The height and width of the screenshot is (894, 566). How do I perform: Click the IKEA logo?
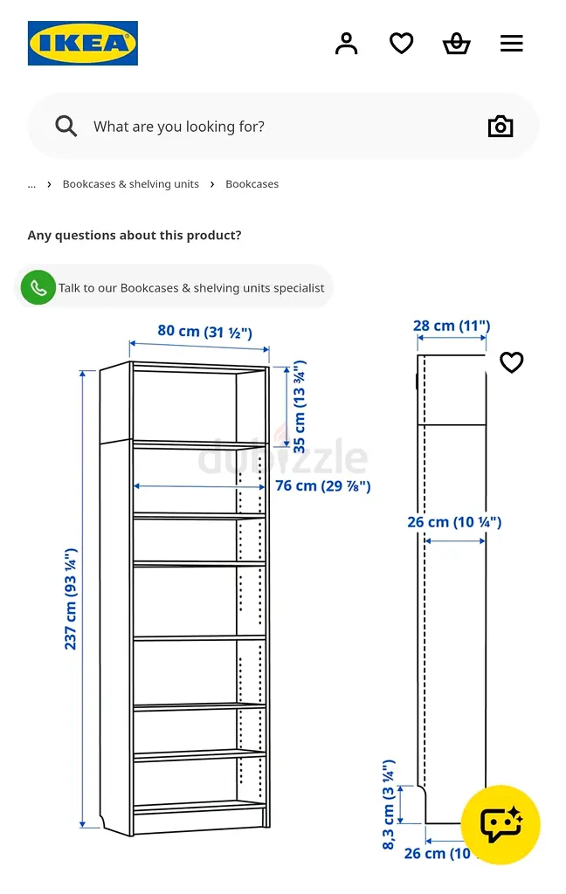83,44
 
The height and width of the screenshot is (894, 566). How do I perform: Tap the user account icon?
347,44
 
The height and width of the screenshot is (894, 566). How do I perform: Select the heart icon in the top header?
401,44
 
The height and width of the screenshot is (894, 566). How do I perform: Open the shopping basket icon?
457,44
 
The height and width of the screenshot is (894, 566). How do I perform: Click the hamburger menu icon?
512,44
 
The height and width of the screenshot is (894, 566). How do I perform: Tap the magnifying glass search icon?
66,126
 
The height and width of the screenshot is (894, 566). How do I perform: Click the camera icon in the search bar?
500,126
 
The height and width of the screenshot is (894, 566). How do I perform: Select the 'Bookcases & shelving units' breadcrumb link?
131,184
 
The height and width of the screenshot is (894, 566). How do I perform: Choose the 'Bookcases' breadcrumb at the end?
252,184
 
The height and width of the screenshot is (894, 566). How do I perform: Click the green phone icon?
38,287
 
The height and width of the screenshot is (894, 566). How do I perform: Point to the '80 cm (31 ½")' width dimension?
205,331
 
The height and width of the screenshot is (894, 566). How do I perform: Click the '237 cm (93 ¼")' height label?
70,599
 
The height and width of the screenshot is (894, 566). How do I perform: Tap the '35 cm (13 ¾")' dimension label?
299,407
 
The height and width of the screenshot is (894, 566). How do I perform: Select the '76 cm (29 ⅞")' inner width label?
323,485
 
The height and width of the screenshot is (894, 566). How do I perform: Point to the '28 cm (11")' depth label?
452,326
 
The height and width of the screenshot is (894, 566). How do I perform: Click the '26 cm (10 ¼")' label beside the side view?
454,522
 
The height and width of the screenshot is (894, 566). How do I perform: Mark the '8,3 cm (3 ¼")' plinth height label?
388,804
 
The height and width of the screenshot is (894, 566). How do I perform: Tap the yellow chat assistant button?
500,824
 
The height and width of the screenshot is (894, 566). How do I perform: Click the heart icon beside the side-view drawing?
511,362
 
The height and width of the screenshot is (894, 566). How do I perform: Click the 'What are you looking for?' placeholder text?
179,127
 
